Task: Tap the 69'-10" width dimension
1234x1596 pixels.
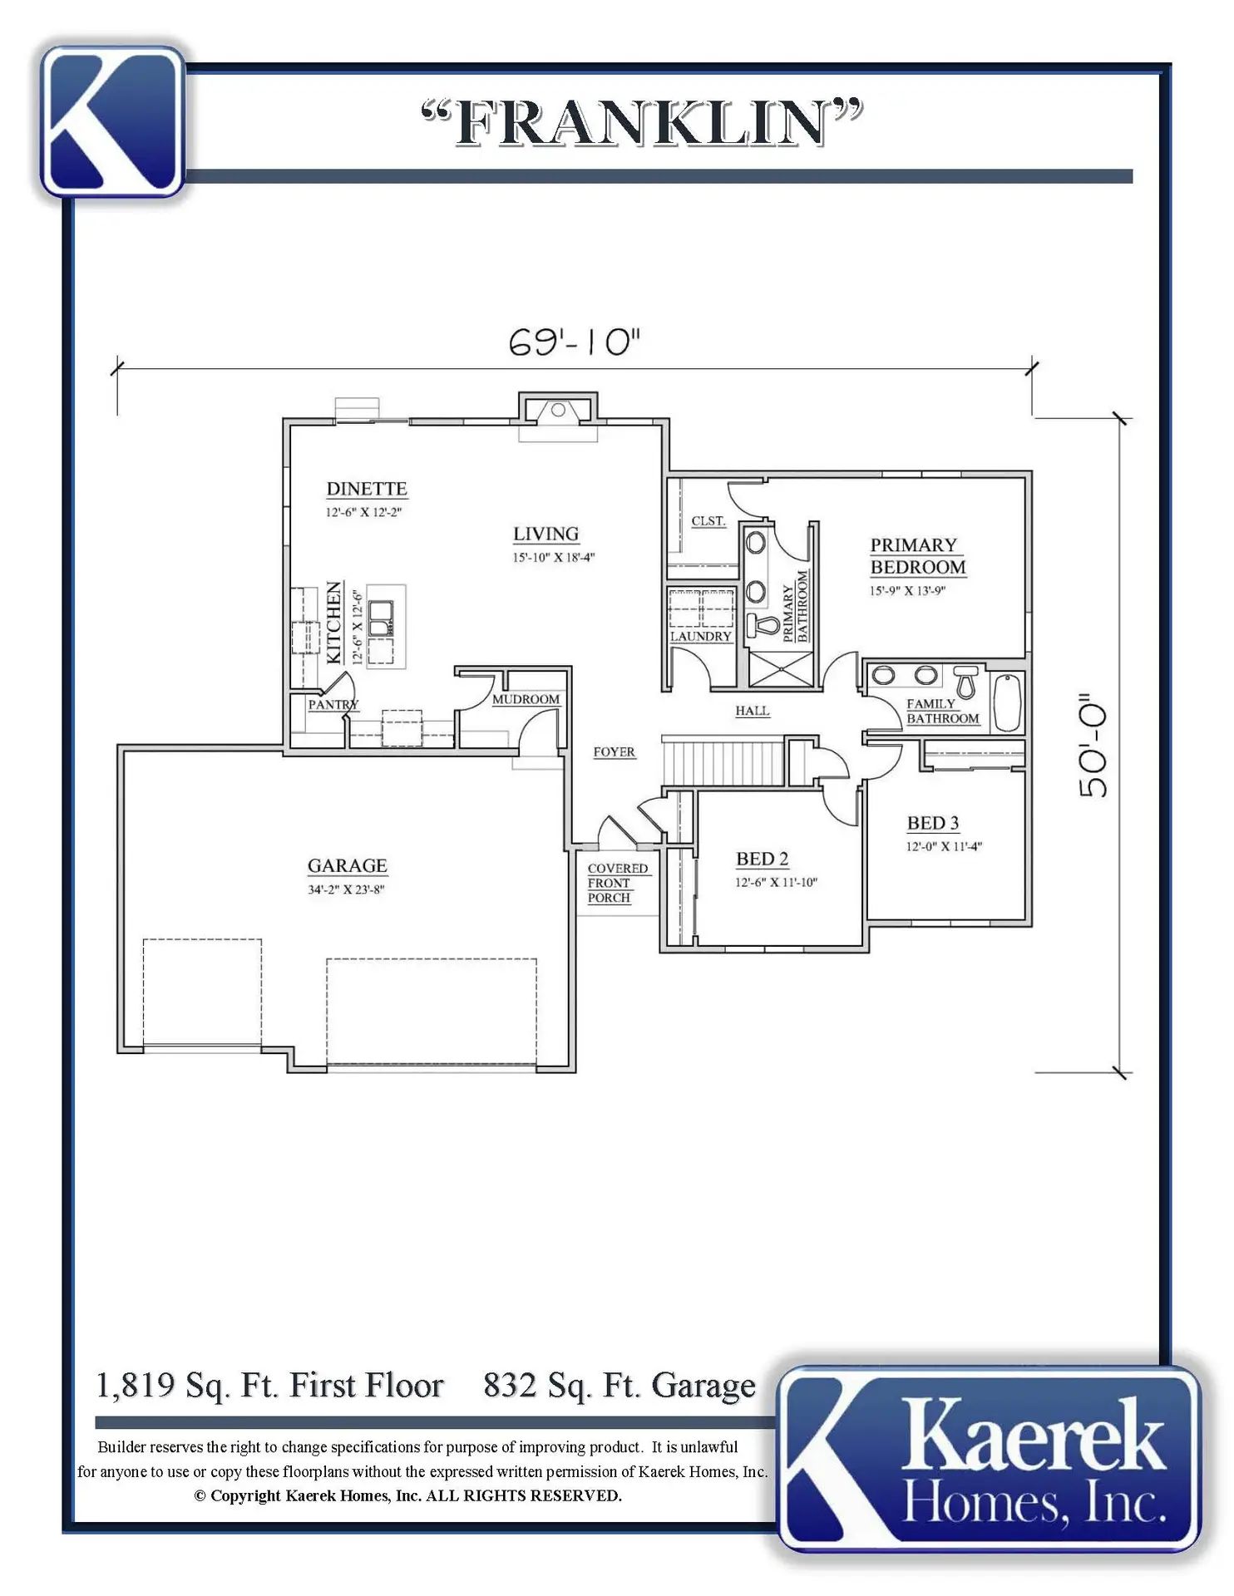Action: click(575, 342)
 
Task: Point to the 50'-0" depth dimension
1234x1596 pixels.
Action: click(1093, 746)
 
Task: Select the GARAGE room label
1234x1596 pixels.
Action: click(348, 865)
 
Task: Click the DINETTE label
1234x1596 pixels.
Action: click(367, 489)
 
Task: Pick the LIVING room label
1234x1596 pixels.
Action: click(545, 534)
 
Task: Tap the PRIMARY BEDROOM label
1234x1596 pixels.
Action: click(918, 556)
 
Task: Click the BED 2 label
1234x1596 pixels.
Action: click(762, 859)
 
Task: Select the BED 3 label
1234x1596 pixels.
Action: click(933, 823)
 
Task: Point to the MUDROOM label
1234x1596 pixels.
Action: click(526, 699)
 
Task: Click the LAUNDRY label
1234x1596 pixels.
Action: click(701, 636)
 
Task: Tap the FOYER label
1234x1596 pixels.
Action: click(614, 751)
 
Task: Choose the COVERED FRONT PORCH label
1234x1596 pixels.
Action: click(617, 883)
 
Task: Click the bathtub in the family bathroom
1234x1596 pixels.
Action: click(1007, 702)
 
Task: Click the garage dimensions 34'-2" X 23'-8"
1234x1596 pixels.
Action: click(346, 889)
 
